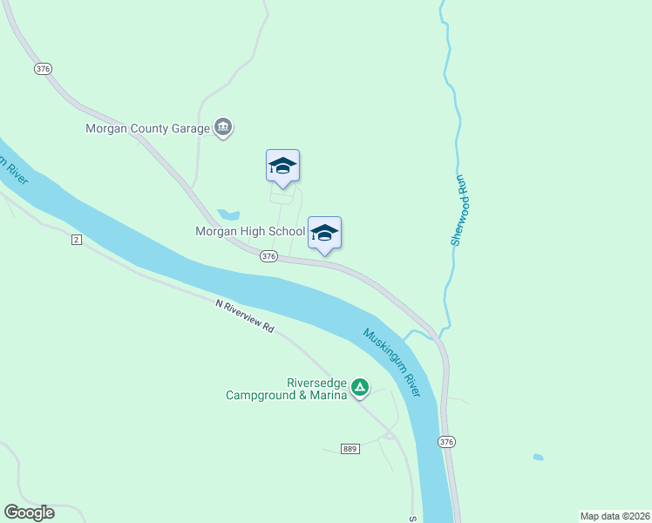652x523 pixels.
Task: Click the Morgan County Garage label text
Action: click(147, 128)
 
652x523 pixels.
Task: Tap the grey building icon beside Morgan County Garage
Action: click(223, 128)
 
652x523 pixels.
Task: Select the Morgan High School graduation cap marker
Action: click(324, 234)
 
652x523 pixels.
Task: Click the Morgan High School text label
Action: click(250, 232)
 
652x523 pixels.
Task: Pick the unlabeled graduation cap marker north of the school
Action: click(282, 166)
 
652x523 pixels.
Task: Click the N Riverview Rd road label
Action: click(246, 317)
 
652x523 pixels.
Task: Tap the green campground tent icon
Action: click(359, 386)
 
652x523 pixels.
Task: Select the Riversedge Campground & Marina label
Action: click(287, 389)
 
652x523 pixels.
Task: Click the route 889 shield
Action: click(350, 449)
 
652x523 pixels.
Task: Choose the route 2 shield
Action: click(77, 240)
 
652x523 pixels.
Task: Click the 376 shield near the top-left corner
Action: click(43, 68)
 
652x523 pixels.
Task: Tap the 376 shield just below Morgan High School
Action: click(268, 256)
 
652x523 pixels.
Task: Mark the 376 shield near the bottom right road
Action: click(447, 442)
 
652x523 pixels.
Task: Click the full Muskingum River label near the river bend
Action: click(392, 361)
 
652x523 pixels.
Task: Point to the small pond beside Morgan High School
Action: click(228, 214)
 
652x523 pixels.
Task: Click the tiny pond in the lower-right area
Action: click(539, 457)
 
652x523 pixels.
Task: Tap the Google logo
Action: click(29, 513)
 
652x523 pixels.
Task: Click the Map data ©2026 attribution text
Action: click(615, 515)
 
